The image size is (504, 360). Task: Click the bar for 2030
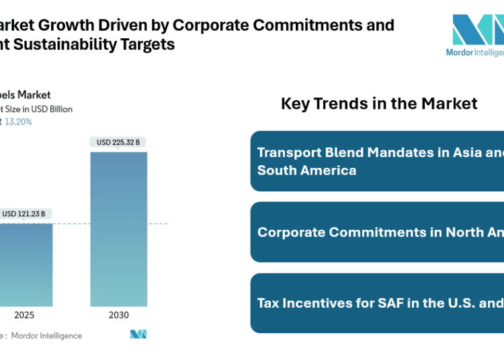point(119,229)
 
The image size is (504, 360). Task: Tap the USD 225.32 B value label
point(119,142)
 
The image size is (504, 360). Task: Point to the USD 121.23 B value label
point(24,214)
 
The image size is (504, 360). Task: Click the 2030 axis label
point(119,315)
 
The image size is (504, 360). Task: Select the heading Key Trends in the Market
point(379,103)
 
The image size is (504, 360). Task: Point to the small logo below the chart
point(138,334)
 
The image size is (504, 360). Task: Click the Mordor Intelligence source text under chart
point(47,335)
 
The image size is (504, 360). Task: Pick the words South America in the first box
point(306,170)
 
